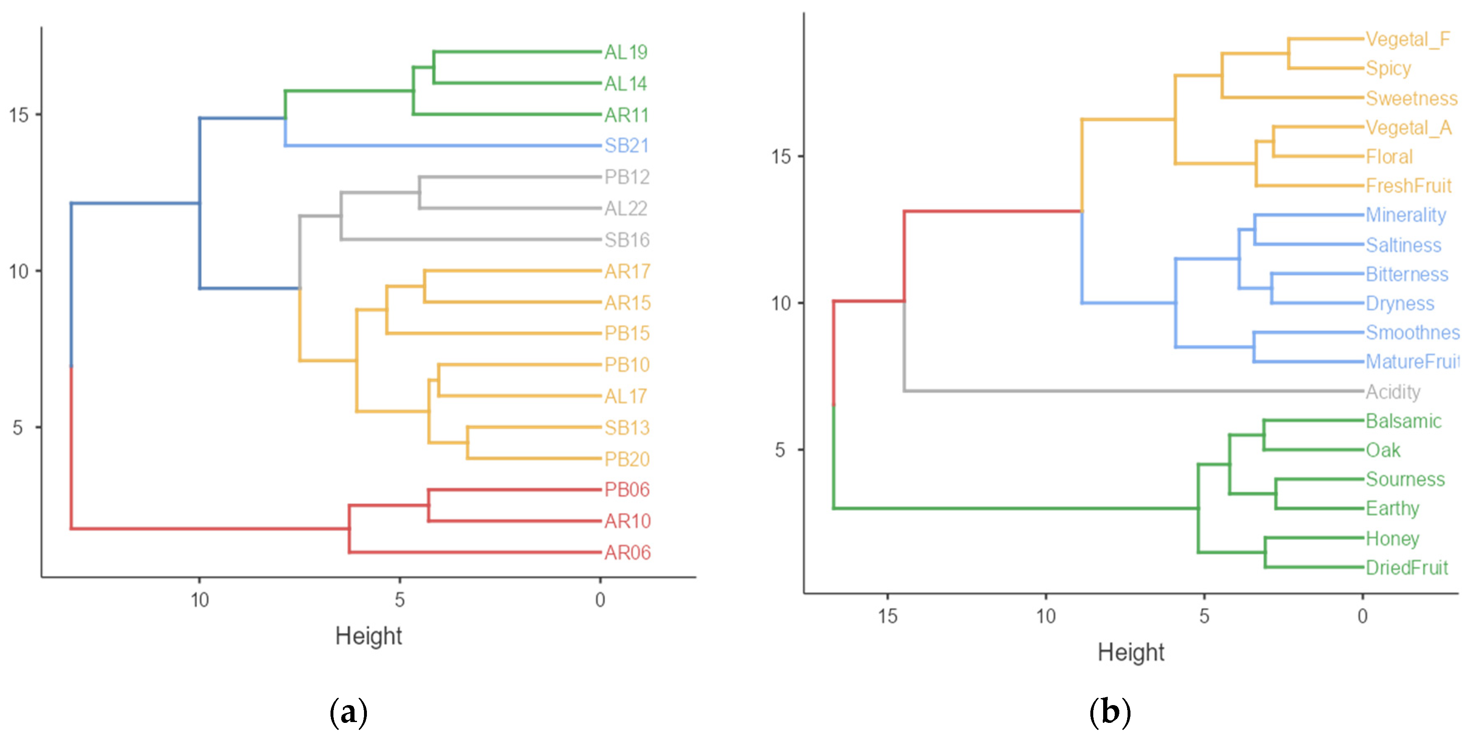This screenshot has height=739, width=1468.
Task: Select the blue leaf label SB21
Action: point(626,146)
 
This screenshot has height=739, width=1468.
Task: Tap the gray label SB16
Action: point(626,240)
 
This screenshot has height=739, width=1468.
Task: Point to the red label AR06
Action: point(627,552)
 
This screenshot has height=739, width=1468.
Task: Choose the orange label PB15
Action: point(626,333)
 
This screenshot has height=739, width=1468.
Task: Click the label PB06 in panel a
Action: point(626,490)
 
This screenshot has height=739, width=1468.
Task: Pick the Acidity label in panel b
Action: point(1393,392)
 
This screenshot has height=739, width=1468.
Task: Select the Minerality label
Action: point(1405,215)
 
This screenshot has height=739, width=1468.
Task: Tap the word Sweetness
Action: point(1411,98)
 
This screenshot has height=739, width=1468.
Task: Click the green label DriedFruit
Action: point(1406,568)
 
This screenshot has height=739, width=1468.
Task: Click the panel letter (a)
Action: point(348,712)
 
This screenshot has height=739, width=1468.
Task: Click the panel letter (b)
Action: point(1109,712)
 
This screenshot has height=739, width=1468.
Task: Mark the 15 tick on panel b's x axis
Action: point(887,616)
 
